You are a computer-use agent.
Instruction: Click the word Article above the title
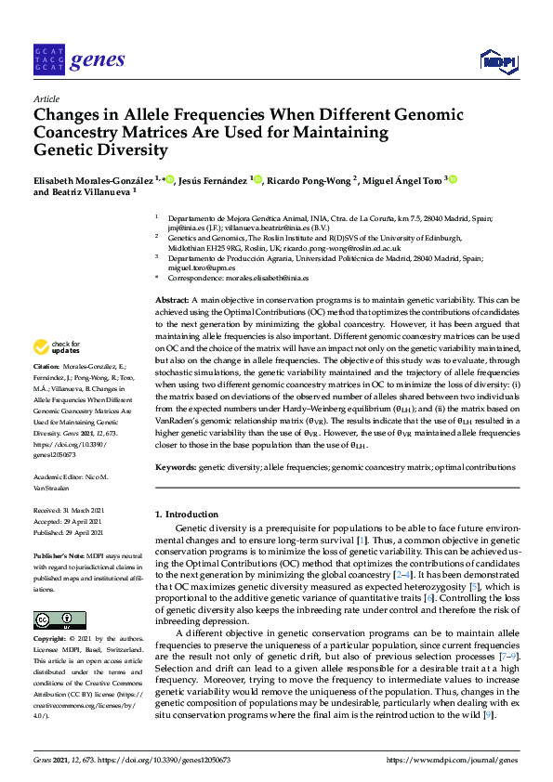(46, 98)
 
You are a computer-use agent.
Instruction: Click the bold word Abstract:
(171, 301)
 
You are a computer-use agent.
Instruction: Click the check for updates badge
(55, 347)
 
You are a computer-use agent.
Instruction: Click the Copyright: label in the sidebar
(52, 640)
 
